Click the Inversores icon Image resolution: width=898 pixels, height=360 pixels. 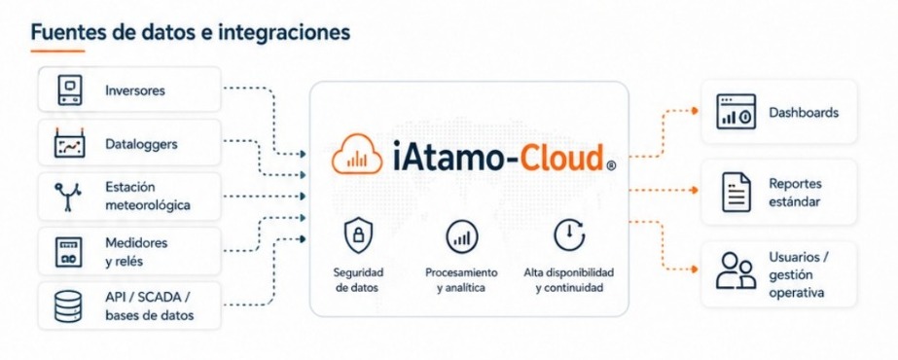[70, 90]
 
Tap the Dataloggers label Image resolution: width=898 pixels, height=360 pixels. [141, 144]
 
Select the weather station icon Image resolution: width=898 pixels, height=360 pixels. [68, 197]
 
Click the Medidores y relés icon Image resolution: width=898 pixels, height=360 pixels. [68, 252]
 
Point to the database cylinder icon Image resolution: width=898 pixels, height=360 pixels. [68, 306]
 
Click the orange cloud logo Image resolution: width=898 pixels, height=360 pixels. [357, 154]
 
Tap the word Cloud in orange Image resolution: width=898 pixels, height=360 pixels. [554, 157]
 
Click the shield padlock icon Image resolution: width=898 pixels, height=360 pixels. [358, 236]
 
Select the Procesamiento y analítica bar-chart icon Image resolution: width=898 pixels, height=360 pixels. [461, 236]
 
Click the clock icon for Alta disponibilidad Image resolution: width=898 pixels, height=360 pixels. [569, 235]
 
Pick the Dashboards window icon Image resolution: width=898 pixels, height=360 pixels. [736, 112]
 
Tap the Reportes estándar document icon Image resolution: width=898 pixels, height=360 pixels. [736, 193]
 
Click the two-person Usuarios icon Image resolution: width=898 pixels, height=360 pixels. [736, 270]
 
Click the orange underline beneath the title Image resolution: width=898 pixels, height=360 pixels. [57, 51]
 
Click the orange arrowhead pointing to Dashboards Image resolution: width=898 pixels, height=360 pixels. [695, 111]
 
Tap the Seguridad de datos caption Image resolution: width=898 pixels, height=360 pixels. [358, 280]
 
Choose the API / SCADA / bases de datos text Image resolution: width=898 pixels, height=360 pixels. [150, 306]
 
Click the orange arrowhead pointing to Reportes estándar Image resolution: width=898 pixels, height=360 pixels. [695, 190]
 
